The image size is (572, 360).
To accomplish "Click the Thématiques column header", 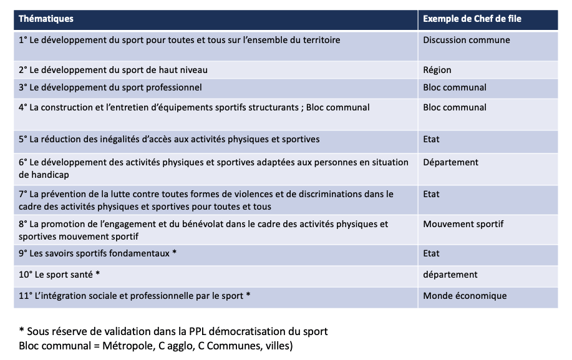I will point(46,19).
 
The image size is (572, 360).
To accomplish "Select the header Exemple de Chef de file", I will point(472,19).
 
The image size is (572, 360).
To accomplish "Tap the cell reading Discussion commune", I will point(466,40).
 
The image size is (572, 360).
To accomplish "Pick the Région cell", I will point(437,70).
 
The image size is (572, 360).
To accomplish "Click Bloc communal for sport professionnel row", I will point(454,87).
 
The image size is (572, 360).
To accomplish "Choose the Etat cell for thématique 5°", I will point(431,139).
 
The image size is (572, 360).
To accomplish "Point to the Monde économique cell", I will point(465,296).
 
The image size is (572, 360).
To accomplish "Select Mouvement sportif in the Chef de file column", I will point(463,223).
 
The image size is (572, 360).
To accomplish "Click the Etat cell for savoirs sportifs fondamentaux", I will point(431,253).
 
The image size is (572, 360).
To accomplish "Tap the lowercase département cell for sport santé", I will point(450,275).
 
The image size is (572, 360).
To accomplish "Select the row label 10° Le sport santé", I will point(59,275).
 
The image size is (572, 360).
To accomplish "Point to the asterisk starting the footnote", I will point(21,331).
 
